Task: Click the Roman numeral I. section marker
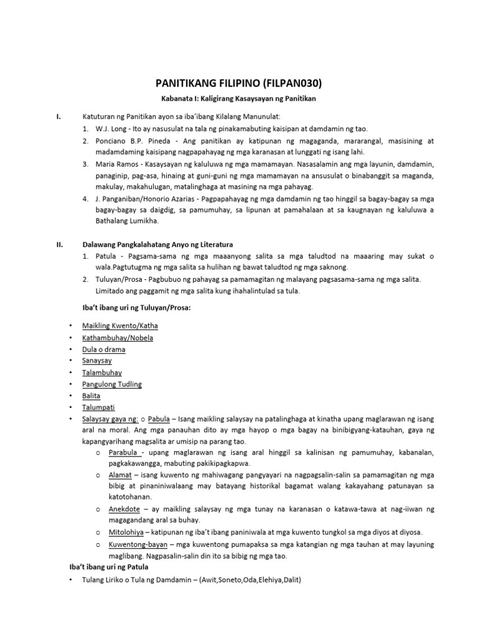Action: (x=58, y=116)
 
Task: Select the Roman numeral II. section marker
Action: (x=59, y=244)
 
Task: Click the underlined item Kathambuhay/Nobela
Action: (x=118, y=338)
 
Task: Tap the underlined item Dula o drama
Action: (x=104, y=350)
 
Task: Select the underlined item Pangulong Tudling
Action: (x=112, y=384)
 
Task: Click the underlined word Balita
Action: (x=91, y=396)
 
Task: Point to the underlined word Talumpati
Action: (x=98, y=407)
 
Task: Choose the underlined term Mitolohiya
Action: (x=126, y=532)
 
